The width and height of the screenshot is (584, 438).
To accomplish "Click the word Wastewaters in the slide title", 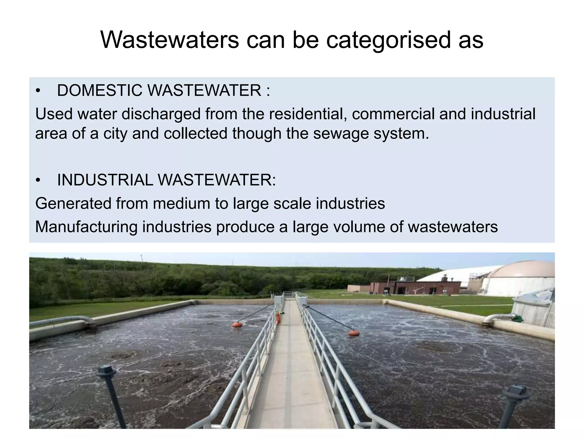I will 170,40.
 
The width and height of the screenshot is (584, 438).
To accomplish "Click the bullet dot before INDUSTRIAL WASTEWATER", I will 38,181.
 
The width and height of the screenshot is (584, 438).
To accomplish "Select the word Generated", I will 73,204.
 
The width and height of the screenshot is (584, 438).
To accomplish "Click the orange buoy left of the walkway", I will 237,325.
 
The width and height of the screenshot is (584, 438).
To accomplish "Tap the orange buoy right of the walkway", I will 354,333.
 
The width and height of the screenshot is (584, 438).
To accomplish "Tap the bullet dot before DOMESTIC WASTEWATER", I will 38,91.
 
